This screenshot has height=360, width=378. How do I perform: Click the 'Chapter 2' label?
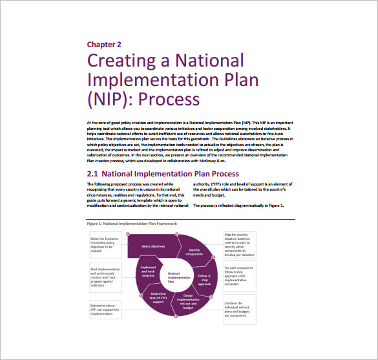(x=104, y=45)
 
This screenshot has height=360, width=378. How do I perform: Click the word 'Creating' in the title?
(x=121, y=62)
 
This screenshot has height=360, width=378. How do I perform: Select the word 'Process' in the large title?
(x=169, y=99)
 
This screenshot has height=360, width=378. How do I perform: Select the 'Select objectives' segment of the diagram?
(x=154, y=246)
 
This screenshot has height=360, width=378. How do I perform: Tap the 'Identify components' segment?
(x=194, y=252)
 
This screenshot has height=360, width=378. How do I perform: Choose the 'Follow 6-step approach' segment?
(x=204, y=280)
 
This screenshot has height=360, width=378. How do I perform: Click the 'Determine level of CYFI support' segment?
(x=159, y=297)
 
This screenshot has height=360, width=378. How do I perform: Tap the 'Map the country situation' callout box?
(x=240, y=246)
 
